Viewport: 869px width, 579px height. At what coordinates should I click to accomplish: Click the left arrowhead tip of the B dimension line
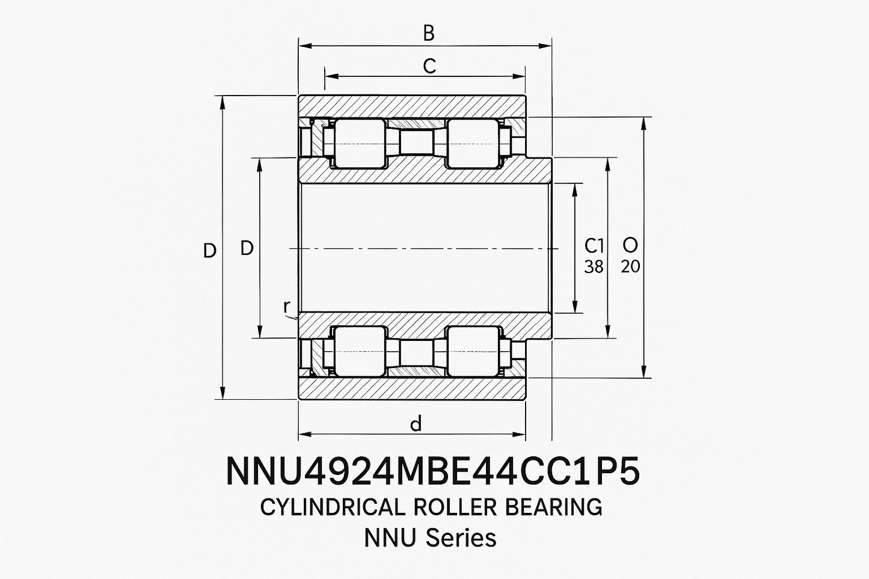(x=299, y=46)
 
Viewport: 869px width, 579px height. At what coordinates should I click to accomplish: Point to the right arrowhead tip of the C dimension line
(x=525, y=76)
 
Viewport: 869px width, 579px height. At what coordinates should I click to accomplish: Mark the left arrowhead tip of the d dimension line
(x=299, y=434)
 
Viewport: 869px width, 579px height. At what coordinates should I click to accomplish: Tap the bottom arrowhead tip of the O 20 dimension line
(x=644, y=378)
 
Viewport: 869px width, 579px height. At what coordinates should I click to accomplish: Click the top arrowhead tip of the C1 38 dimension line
(x=575, y=183)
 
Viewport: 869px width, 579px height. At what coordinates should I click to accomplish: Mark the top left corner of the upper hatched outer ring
(x=298, y=95)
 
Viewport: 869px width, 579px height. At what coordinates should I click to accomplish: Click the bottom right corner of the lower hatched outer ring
(x=526, y=399)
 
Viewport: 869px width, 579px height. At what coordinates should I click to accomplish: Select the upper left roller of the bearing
(x=360, y=144)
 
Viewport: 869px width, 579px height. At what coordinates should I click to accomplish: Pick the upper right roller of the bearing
(x=472, y=144)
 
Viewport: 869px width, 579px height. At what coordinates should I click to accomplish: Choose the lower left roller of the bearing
(x=360, y=351)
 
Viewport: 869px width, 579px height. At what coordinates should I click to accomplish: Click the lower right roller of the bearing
(x=472, y=351)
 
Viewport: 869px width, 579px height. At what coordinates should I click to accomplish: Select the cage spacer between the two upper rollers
(x=416, y=143)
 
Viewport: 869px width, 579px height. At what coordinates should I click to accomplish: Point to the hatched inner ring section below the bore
(x=425, y=325)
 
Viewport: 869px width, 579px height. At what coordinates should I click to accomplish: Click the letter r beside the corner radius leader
(x=286, y=307)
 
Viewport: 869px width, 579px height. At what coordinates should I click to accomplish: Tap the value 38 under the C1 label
(x=594, y=266)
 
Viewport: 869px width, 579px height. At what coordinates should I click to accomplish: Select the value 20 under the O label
(x=630, y=266)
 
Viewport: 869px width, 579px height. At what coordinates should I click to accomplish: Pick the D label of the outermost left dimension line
(x=210, y=251)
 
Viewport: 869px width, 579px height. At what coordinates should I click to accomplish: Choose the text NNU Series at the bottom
(x=430, y=538)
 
